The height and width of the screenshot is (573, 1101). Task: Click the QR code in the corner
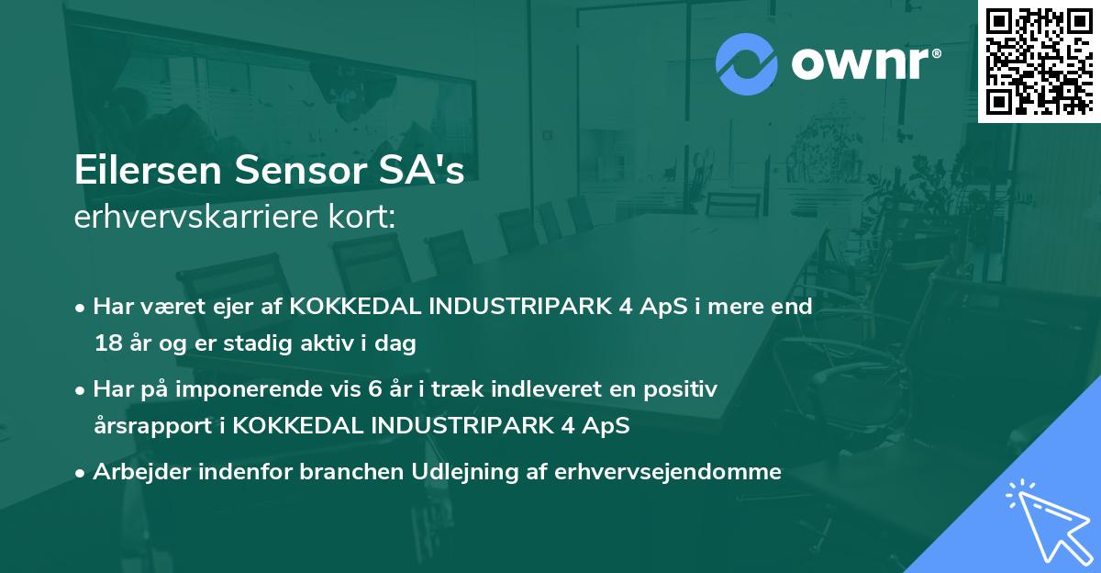point(1040,61)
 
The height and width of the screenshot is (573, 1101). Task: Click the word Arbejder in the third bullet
point(134,472)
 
